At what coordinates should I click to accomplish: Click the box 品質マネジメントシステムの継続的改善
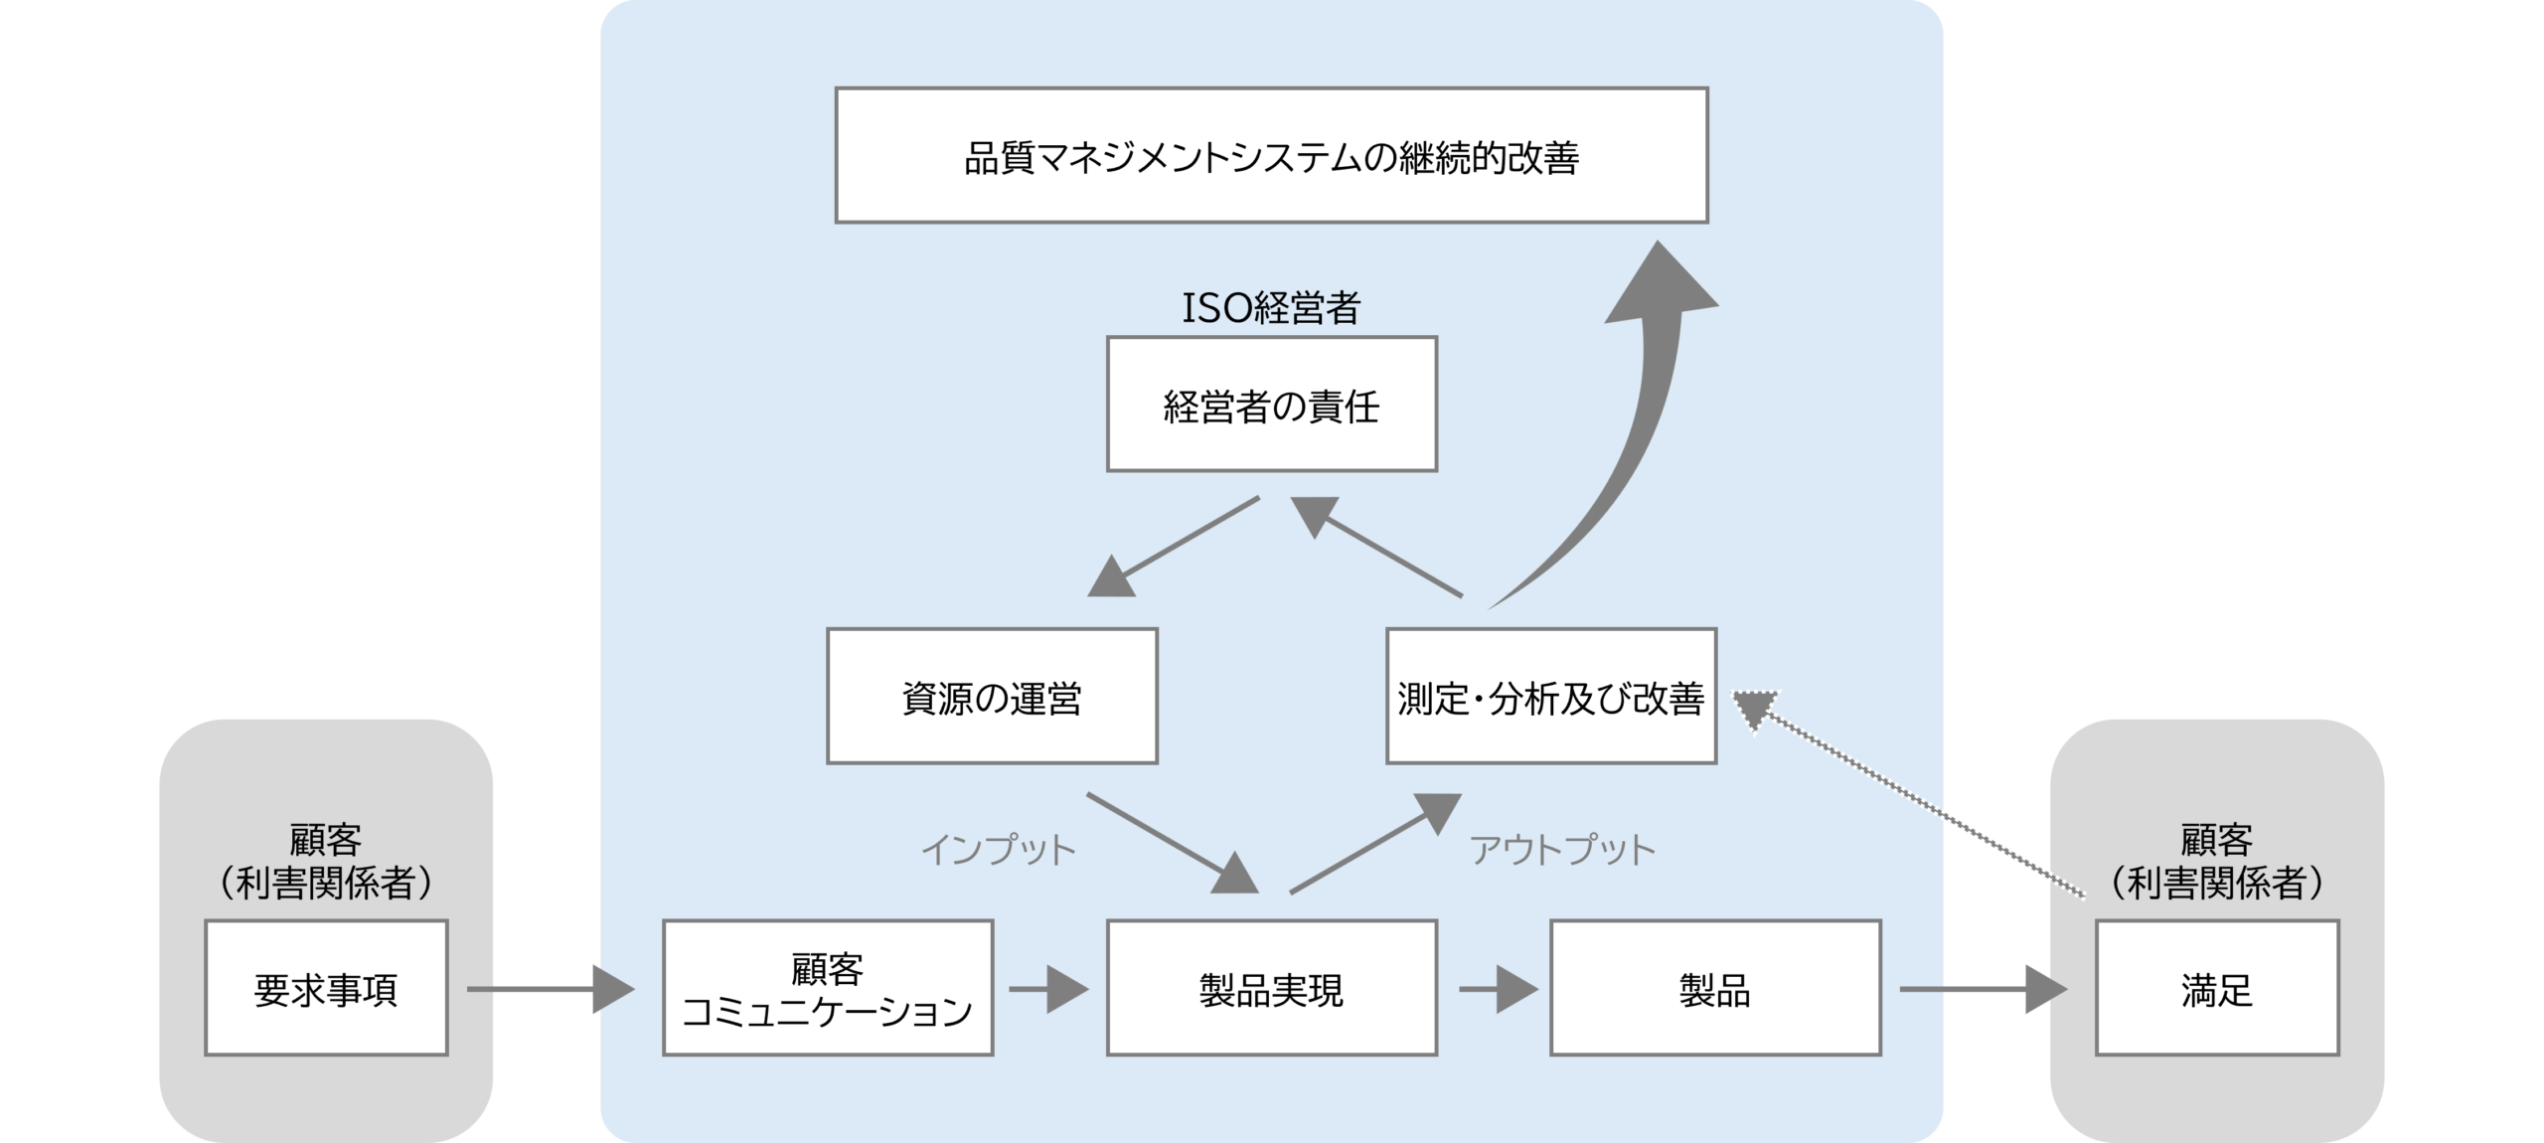1271,155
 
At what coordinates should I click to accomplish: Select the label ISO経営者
1271,310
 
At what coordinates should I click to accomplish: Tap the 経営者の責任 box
1271,405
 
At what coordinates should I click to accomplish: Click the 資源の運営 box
992,696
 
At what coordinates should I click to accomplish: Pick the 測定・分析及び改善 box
1550,696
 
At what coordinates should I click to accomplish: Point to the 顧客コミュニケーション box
827,988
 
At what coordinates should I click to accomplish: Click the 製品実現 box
1271,988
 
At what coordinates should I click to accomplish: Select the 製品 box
1714,988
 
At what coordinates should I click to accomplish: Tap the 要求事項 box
326,988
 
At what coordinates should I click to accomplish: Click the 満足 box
2216,988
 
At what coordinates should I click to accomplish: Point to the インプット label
998,850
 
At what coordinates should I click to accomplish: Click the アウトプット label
1561,850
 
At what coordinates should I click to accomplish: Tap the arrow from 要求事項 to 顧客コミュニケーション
547,989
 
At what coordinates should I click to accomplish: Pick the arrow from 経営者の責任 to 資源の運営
1173,547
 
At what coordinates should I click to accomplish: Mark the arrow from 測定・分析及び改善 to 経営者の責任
1386,552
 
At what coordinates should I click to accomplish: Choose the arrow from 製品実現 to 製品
1496,989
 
